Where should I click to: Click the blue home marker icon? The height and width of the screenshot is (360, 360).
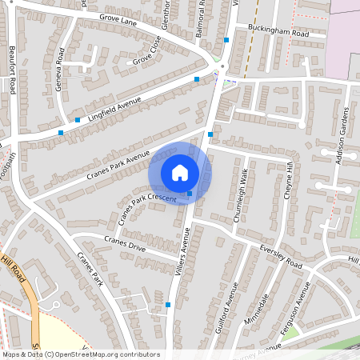tap(180, 173)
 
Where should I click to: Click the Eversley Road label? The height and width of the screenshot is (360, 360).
tap(281, 257)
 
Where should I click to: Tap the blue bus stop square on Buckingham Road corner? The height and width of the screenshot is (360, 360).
tap(227, 39)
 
